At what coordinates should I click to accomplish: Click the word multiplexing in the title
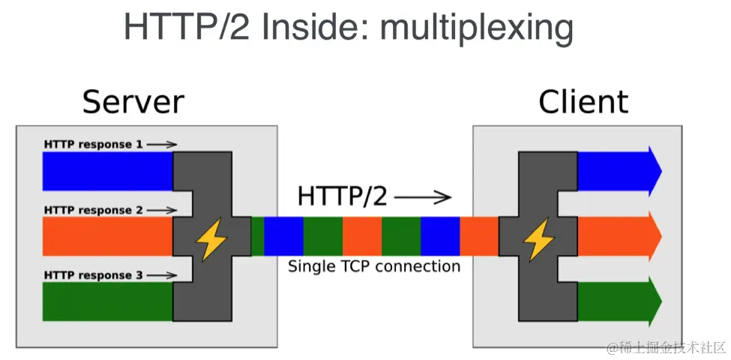click(x=477, y=28)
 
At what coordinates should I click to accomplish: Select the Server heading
click(x=133, y=101)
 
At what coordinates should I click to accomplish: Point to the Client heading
click(x=583, y=101)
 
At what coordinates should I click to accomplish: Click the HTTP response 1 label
click(x=93, y=143)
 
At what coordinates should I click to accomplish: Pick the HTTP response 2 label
click(x=93, y=210)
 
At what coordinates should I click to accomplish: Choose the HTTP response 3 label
click(x=93, y=275)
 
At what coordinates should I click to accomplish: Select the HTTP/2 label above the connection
click(x=343, y=196)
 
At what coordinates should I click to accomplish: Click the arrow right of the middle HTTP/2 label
click(x=423, y=197)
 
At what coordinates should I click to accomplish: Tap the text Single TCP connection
click(x=374, y=266)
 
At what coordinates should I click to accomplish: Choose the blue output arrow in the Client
click(x=619, y=171)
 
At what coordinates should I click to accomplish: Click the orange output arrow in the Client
click(x=619, y=236)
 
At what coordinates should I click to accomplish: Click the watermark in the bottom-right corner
click(x=666, y=347)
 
